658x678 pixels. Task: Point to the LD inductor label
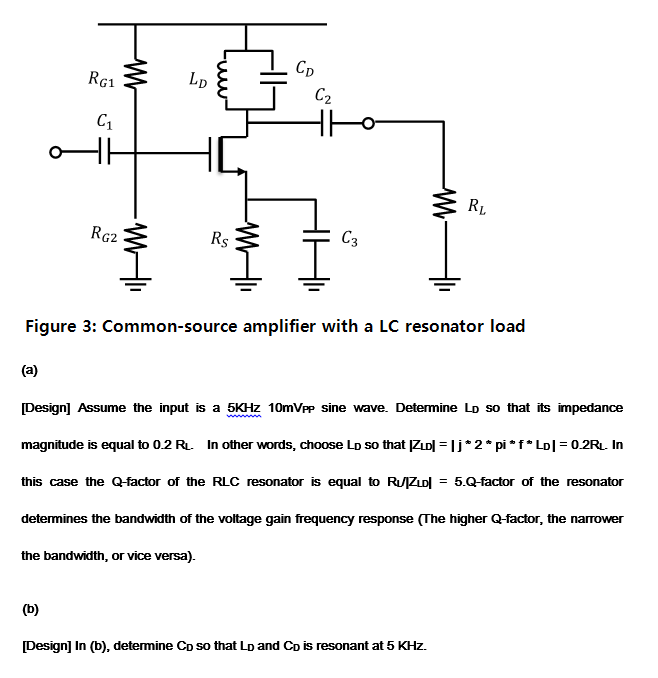(x=198, y=78)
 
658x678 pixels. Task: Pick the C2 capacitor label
(x=322, y=97)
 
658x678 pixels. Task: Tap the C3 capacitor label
(x=350, y=239)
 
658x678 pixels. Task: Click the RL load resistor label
(x=477, y=208)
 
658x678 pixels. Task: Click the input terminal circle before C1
(x=60, y=153)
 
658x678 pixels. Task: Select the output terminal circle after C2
(x=369, y=124)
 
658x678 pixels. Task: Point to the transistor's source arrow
(x=240, y=171)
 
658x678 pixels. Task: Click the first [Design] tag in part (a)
(x=46, y=408)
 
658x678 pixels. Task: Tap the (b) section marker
(x=31, y=606)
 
